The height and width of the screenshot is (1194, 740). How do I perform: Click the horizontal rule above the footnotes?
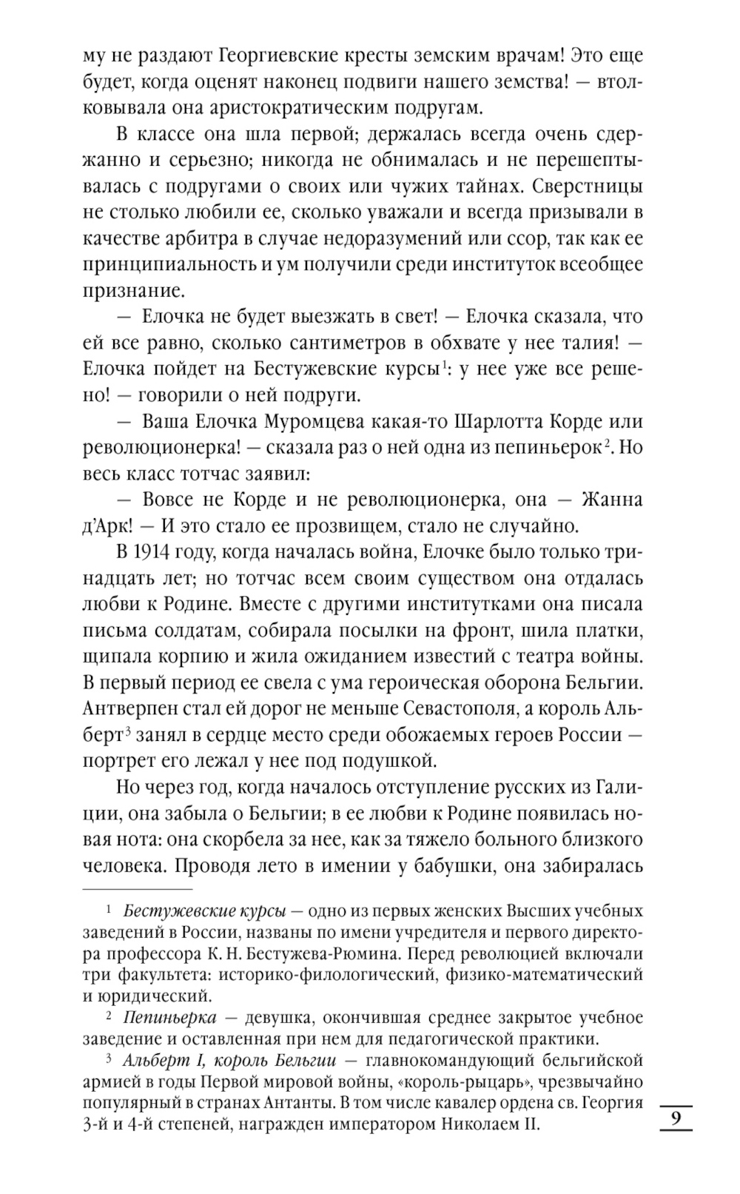point(137,888)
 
